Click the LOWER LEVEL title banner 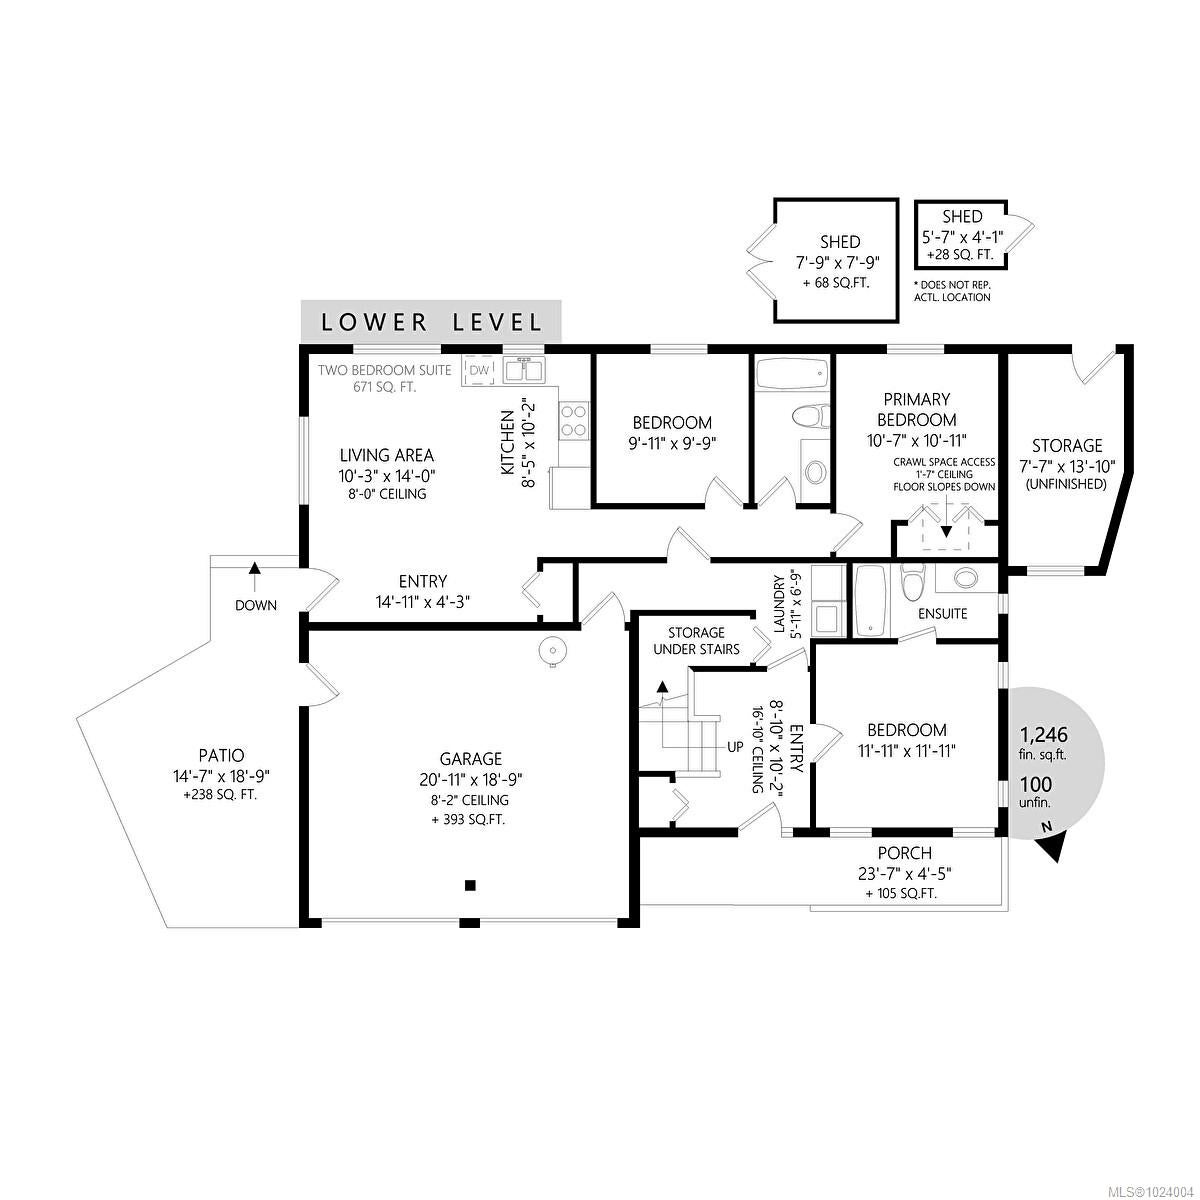(431, 321)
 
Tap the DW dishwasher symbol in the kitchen (479, 371)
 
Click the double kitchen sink (524, 370)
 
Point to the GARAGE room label (471, 758)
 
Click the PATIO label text (221, 755)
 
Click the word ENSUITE (942, 613)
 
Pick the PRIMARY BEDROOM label (917, 409)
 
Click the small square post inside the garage (471, 885)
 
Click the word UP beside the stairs (735, 747)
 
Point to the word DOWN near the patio (256, 605)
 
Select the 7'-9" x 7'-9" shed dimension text (840, 262)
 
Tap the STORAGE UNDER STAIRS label (696, 641)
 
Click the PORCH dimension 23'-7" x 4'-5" (905, 874)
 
